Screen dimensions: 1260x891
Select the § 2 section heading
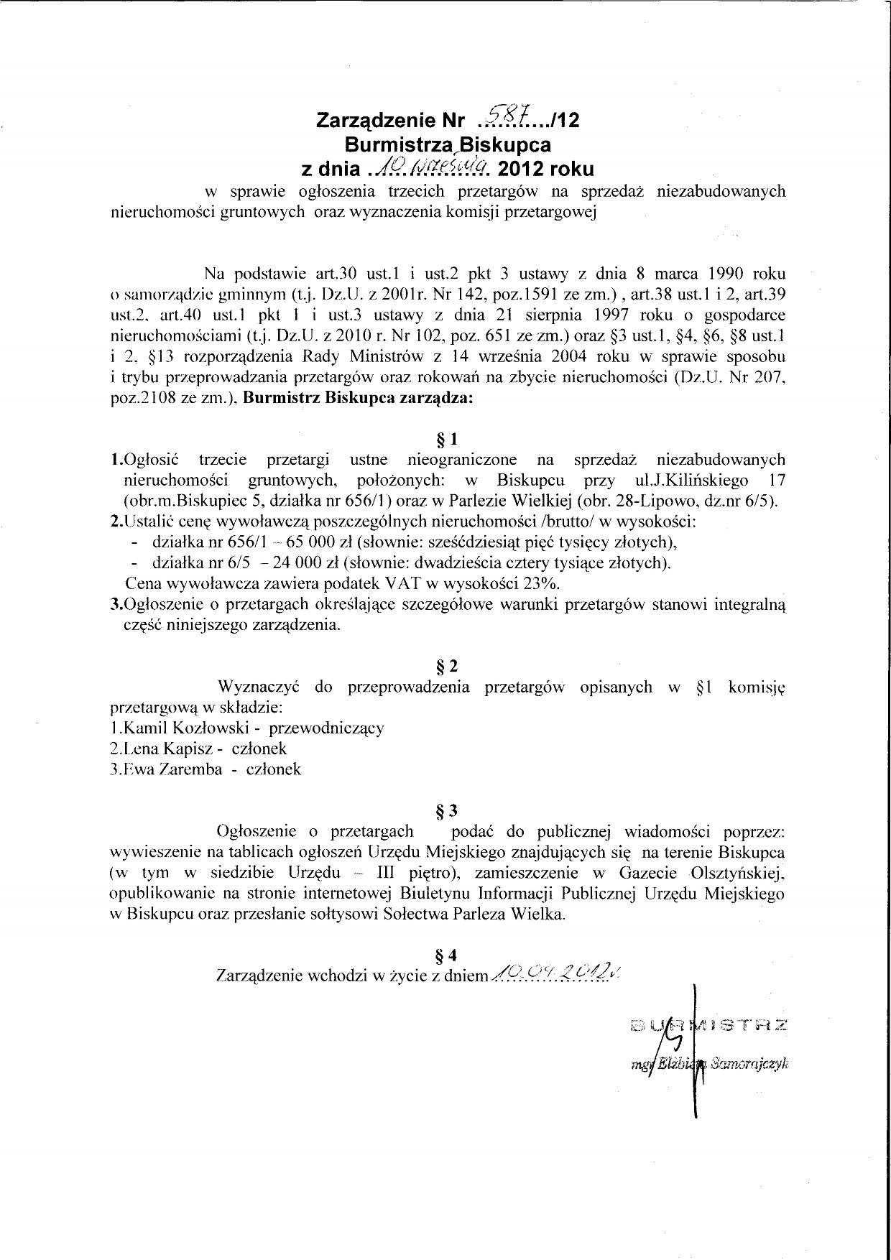tap(447, 666)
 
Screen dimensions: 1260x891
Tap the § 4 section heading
tap(447, 955)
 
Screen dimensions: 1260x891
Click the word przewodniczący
tap(326, 728)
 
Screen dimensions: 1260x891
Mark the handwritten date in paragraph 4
tap(553, 974)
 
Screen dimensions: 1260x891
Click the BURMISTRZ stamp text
tap(708, 1027)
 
